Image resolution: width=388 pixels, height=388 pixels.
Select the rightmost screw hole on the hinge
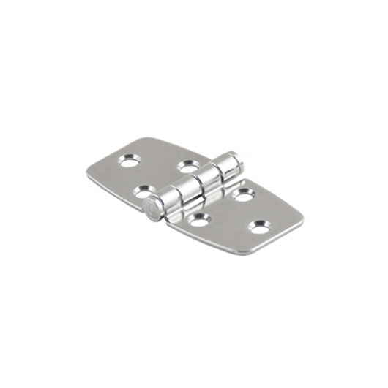[x=259, y=227]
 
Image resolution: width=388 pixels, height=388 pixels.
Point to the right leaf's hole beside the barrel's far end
[x=243, y=194]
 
